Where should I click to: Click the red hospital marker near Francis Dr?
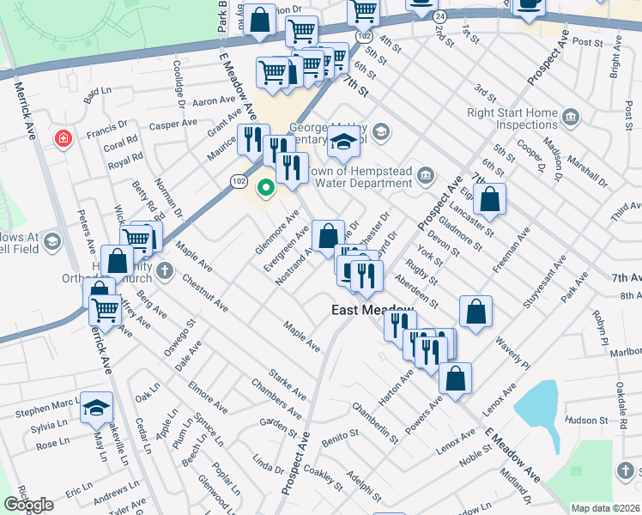pos(62,138)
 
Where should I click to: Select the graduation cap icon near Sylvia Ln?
pos(96,408)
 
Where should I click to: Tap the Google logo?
pos(28,505)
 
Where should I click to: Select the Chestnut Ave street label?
pos(204,293)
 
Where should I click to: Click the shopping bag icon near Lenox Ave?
pos(455,377)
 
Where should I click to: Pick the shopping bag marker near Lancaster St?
pos(489,199)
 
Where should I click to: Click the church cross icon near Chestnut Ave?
pos(165,273)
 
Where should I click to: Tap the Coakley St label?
pos(323,479)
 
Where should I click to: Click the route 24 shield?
pos(439,16)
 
